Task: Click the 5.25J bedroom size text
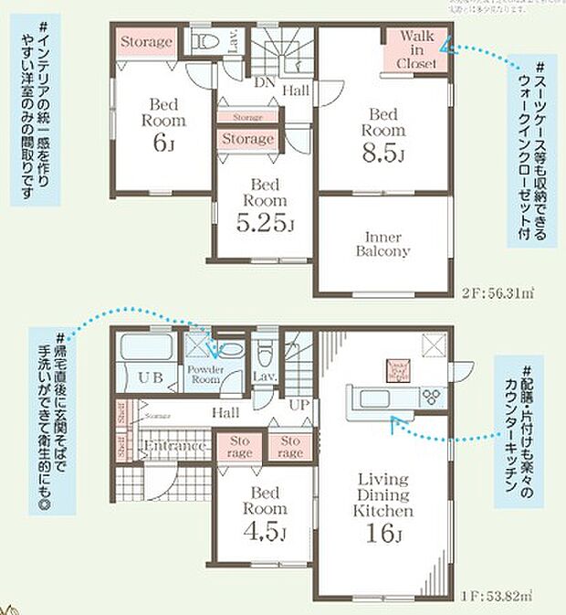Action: coord(265,222)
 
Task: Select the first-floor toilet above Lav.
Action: coord(263,350)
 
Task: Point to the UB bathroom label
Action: coord(151,376)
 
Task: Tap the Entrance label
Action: coord(174,447)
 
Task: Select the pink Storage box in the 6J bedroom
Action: coord(144,42)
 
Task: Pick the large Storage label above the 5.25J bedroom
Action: coord(247,139)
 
